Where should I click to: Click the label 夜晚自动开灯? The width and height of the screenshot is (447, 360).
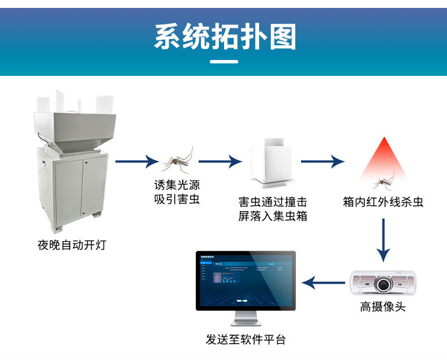[72, 245]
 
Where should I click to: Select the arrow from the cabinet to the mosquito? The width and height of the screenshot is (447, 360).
[136, 161]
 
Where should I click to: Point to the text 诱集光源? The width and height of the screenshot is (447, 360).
[177, 185]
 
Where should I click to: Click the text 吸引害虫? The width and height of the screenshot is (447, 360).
[177, 199]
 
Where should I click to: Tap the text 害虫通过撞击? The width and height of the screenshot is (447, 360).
[273, 202]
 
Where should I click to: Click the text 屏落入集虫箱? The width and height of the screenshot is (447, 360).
[273, 216]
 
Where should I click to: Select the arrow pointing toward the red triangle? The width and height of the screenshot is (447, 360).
[322, 161]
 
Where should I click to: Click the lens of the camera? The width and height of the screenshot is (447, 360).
[384, 282]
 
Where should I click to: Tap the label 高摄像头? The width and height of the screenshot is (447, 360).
[383, 307]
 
